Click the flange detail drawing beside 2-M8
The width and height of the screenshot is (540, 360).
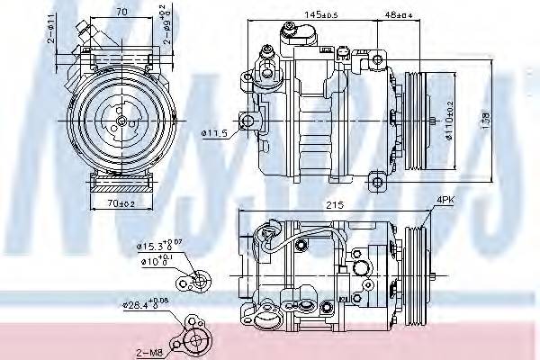pyautogui.click(x=195, y=336)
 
